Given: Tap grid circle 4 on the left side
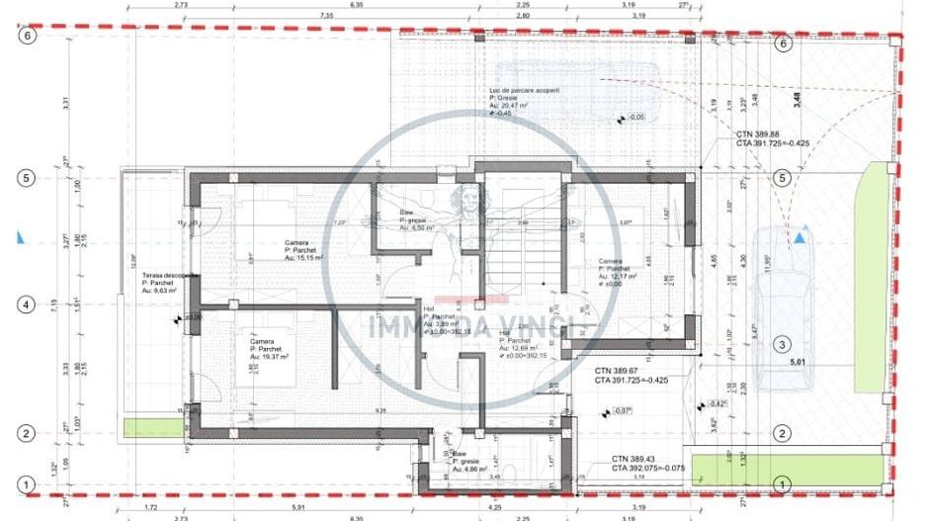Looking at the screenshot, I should (x=29, y=304).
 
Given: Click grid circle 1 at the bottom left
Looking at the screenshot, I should (x=29, y=484).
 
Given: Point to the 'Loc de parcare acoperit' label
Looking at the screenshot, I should (x=524, y=91).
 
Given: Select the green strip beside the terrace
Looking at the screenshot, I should (x=153, y=427).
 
